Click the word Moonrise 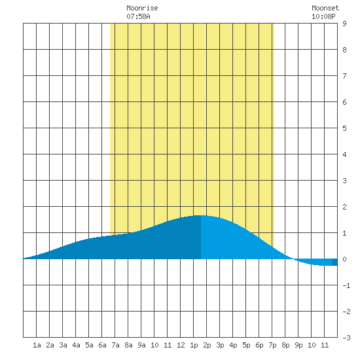click(x=142, y=8)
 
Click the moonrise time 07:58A click(x=138, y=16)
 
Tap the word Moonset click(x=325, y=8)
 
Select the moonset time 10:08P click(x=323, y=16)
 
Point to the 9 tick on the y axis click(x=344, y=24)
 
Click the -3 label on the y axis click(x=346, y=338)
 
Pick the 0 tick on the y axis click(x=344, y=259)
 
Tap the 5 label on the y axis click(x=344, y=128)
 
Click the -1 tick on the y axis click(x=346, y=285)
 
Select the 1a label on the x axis click(x=37, y=345)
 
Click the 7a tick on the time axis click(x=115, y=345)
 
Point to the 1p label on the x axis click(x=194, y=345)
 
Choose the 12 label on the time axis click(x=181, y=345)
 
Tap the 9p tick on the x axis click(x=298, y=345)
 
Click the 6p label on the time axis click(x=259, y=345)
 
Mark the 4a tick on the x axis click(x=76, y=345)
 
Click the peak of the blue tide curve click(x=201, y=215)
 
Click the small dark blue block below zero click(x=334, y=262)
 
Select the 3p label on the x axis click(x=220, y=345)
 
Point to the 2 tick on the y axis click(x=344, y=207)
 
